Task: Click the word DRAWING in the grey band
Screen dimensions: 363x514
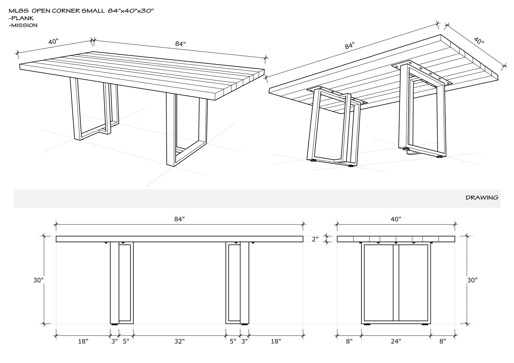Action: [482, 198]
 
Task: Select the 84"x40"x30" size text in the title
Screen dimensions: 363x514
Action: [131, 11]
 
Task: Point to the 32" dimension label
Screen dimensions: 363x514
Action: [179, 341]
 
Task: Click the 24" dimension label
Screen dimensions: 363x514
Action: [396, 341]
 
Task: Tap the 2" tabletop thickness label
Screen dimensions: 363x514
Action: [315, 239]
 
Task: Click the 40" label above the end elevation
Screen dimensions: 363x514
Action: [396, 219]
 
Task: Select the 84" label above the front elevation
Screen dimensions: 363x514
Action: [179, 219]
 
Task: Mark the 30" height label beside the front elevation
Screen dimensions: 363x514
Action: [38, 280]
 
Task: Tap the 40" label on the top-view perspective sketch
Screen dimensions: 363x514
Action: [53, 42]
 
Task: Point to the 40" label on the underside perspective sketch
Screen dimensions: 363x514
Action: [479, 41]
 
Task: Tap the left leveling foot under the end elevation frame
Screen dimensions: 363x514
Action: [367, 324]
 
